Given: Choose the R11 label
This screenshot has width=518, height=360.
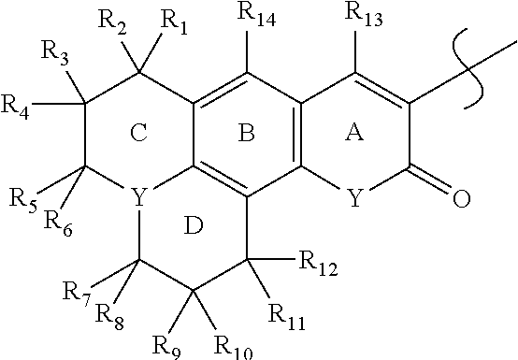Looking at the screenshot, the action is click(286, 324).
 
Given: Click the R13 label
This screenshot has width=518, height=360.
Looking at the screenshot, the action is click(365, 14).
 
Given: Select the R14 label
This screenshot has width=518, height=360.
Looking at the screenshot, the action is click(254, 14).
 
